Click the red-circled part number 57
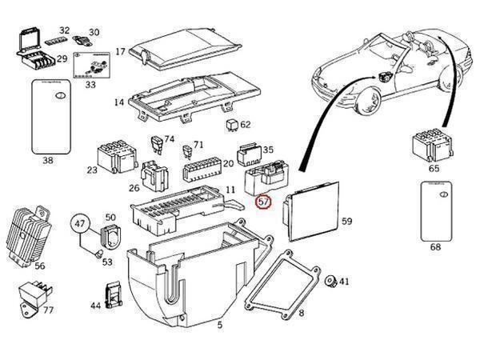point(264,203)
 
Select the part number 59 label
point(346,220)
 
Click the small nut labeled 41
point(329,281)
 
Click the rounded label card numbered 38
point(50,120)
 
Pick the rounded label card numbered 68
point(435,211)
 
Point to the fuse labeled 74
point(158,145)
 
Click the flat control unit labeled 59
point(313,211)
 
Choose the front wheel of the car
point(371,103)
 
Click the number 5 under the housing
point(219,326)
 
